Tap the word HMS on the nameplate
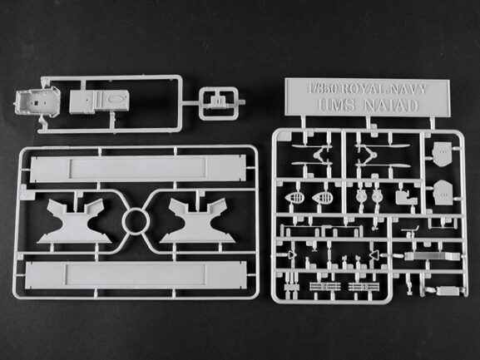coord(335,106)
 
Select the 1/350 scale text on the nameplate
coord(323,89)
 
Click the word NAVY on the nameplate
coord(408,89)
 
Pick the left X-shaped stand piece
coord(75,221)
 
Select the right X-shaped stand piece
coord(197,221)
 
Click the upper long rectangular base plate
coord(138,169)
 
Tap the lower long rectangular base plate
coord(136,275)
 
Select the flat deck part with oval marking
coord(99,101)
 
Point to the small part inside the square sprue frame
coord(218,101)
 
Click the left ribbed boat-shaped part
coord(295,197)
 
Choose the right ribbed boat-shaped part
coord(322,197)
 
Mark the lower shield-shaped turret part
coord(443,191)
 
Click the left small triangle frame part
coord(291,254)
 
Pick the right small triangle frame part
coord(374,254)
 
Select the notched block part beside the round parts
coord(406,198)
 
